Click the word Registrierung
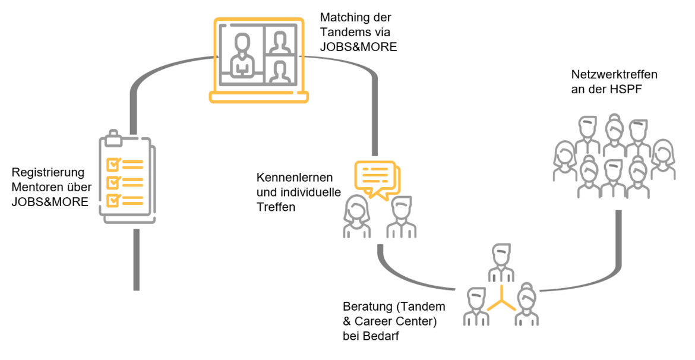click(x=48, y=173)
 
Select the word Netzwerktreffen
click(x=614, y=75)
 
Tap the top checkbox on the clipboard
click(x=112, y=163)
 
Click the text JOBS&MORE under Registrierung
click(x=50, y=202)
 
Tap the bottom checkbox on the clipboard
click(x=112, y=200)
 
